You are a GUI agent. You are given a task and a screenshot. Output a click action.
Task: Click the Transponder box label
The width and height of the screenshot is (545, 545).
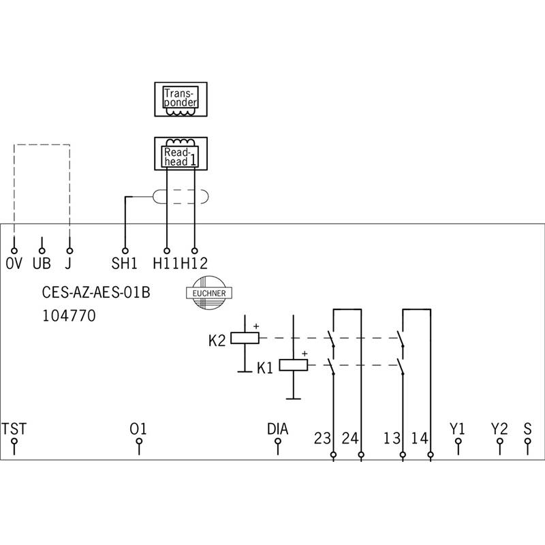click(181, 97)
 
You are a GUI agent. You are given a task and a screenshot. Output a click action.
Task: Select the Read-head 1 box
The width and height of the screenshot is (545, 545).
click(181, 154)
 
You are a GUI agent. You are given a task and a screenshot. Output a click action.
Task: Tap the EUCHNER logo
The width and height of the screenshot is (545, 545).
click(209, 293)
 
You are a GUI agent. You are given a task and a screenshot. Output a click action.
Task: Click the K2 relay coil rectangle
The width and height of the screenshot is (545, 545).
click(245, 338)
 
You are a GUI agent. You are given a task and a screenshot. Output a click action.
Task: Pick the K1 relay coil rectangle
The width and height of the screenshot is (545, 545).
click(294, 365)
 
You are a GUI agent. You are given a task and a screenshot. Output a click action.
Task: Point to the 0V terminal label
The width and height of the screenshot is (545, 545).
click(14, 264)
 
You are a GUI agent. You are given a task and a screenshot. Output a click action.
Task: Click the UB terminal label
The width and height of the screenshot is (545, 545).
click(42, 264)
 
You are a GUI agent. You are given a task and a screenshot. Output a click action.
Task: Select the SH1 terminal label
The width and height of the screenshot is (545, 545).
click(124, 264)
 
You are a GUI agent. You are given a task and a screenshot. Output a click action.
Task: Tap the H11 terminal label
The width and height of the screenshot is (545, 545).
click(166, 264)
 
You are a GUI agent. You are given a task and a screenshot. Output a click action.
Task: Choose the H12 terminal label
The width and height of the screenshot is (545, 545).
click(194, 264)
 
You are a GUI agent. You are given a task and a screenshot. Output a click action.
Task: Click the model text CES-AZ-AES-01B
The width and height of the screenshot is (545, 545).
click(96, 292)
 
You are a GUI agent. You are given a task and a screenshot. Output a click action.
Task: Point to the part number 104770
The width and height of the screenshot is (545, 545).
click(69, 316)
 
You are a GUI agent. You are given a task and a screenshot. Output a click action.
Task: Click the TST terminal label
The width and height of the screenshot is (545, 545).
click(14, 429)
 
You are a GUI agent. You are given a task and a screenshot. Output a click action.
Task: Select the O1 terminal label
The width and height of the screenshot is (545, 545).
click(138, 429)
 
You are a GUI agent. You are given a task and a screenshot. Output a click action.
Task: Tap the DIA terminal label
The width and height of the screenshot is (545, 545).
click(278, 429)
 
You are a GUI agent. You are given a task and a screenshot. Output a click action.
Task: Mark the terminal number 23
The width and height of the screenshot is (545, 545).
click(322, 438)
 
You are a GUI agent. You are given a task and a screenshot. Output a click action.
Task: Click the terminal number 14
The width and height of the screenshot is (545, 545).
click(420, 438)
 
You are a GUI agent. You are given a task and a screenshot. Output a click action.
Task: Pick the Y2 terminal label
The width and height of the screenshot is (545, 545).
click(499, 429)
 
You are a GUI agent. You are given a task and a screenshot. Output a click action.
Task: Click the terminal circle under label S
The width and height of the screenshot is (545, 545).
click(527, 441)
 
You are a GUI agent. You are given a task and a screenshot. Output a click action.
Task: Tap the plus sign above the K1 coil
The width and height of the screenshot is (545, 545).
click(305, 354)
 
